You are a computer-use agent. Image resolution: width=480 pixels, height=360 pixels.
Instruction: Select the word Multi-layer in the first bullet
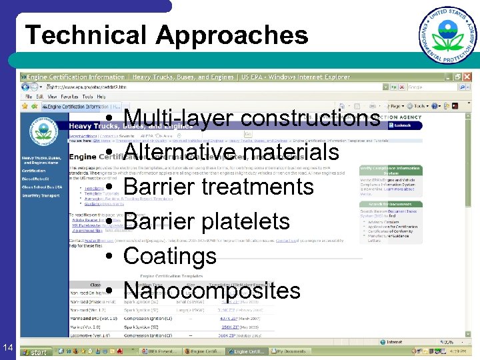tap(178, 118)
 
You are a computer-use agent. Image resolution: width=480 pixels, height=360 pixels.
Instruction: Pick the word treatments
tap(257, 187)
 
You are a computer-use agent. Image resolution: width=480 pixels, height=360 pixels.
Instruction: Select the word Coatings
tap(170, 256)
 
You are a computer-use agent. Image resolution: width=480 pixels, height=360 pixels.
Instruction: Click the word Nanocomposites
tap(212, 291)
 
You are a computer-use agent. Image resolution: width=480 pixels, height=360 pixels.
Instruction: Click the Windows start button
tap(35, 351)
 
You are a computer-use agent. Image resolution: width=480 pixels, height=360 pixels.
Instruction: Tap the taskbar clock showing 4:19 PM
tap(461, 351)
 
